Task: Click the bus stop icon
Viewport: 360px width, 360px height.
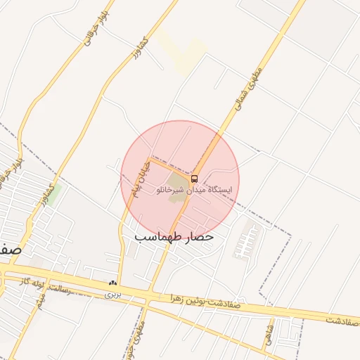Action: click(x=195, y=178)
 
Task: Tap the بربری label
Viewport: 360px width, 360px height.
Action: click(x=114, y=294)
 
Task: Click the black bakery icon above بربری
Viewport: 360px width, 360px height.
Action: click(x=112, y=283)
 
